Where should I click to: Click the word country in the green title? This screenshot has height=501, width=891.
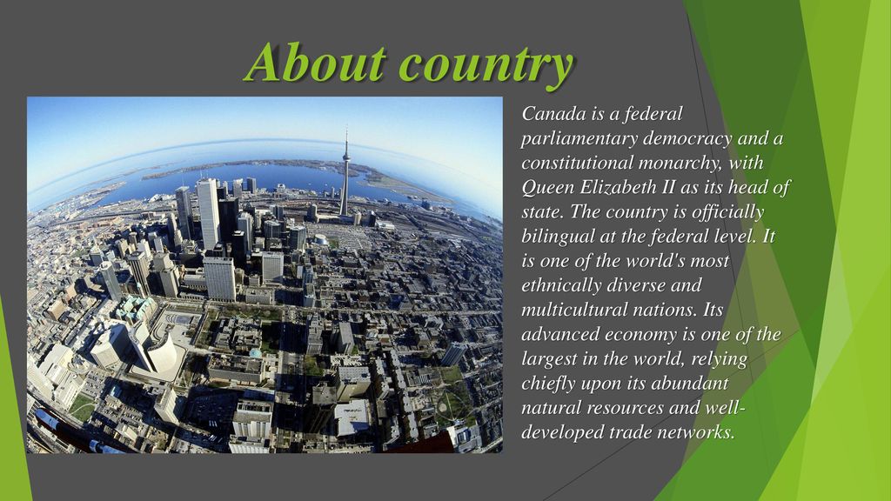486,65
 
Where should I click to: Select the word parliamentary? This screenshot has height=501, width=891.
579,139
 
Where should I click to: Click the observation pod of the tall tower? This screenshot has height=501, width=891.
345,157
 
